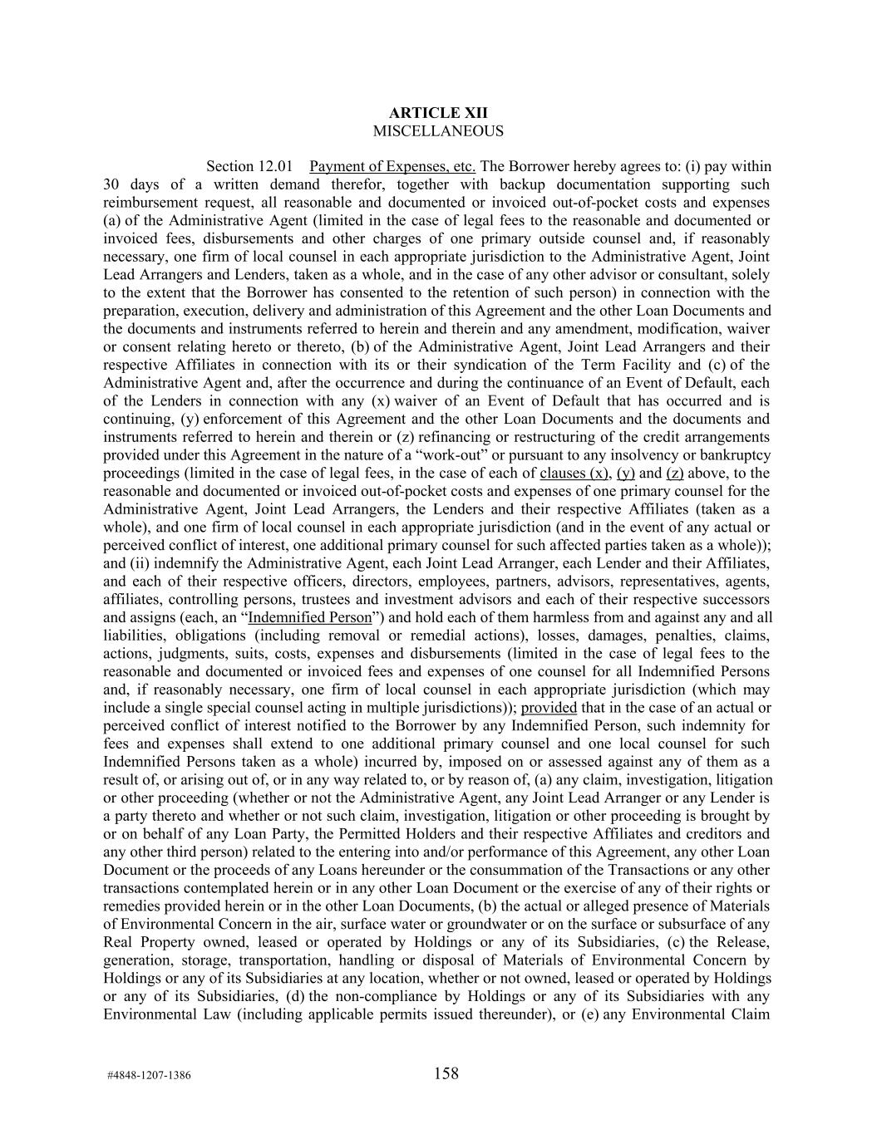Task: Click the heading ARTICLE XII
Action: (438, 113)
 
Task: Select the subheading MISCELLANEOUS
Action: (438, 131)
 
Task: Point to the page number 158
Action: (446, 1073)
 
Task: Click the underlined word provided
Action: (549, 708)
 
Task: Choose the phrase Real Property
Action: (149, 942)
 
